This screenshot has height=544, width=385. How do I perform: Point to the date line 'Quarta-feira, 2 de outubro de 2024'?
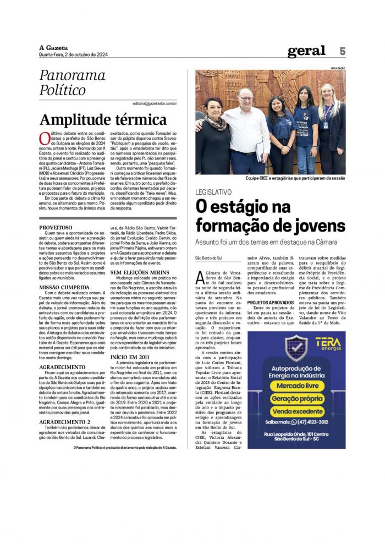[73, 54]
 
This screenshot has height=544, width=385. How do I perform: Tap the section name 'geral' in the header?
[306, 51]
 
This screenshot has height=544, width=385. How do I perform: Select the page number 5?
[342, 51]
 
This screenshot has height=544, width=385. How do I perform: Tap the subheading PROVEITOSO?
[56, 227]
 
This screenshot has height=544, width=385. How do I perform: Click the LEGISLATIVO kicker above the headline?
[218, 192]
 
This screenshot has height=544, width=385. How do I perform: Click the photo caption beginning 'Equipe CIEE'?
[296, 179]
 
